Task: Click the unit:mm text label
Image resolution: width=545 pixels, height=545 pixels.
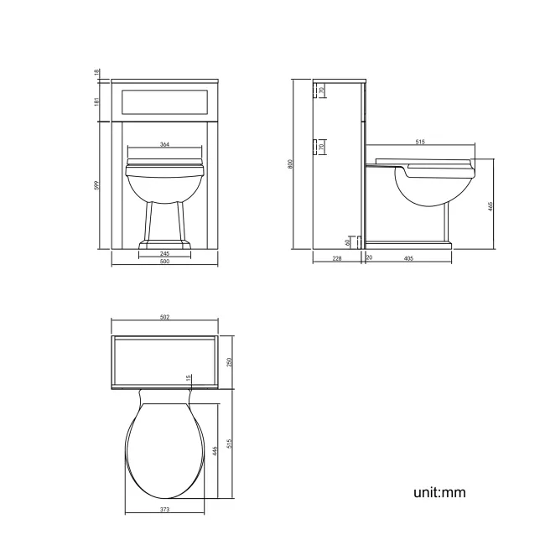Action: click(439, 492)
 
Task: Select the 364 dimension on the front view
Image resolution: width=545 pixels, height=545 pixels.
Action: click(164, 145)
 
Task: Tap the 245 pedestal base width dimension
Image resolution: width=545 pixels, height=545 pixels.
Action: click(164, 253)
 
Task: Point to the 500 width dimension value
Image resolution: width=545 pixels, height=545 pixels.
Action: click(164, 262)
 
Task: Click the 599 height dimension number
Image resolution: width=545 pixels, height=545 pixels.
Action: click(98, 185)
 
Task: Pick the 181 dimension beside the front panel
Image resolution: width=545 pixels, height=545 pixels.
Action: click(98, 101)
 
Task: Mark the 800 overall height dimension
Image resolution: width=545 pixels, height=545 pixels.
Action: click(291, 164)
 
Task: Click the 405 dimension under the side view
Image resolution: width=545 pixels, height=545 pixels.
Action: click(408, 258)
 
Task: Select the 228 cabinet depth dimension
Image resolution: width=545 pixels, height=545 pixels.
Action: click(336, 258)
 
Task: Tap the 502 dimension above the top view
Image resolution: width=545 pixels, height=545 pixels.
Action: click(164, 317)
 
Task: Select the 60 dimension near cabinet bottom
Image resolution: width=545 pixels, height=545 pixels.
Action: click(347, 241)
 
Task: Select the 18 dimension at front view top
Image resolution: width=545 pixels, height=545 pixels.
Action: click(98, 73)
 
